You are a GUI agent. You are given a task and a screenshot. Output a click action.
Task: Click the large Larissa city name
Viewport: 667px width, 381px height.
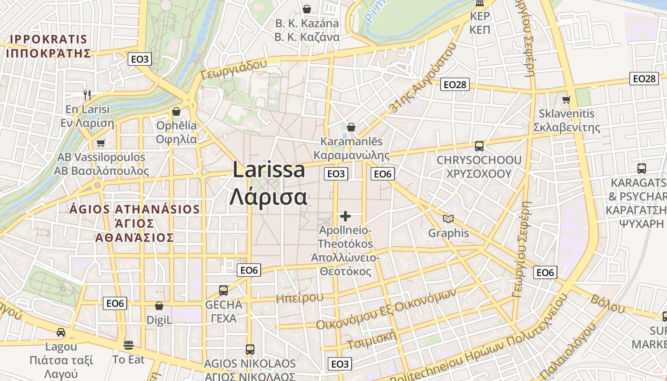click(269, 170)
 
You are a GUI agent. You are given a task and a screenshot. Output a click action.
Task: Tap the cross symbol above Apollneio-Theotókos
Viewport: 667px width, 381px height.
click(345, 217)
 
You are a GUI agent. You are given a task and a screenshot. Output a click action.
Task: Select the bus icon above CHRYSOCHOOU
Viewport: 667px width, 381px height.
click(479, 146)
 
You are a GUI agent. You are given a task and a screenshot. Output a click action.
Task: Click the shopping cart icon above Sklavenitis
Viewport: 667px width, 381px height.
click(566, 100)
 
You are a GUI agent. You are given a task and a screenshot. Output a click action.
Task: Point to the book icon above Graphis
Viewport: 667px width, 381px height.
click(448, 219)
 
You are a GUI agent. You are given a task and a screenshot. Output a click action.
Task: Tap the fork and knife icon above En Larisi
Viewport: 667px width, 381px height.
click(87, 95)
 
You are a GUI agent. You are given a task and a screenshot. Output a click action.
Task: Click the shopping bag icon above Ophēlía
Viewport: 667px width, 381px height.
click(176, 111)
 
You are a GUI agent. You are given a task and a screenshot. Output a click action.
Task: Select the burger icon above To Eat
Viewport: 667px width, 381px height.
click(128, 344)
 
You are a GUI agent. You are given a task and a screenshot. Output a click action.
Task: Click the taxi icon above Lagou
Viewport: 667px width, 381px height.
click(61, 332)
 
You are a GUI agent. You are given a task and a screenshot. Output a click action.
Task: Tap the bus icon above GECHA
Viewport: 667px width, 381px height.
click(223, 290)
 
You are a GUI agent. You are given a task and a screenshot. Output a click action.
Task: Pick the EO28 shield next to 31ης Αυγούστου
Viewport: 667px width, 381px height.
click(455, 84)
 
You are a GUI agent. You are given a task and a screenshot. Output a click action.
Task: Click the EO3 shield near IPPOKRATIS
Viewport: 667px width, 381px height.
click(140, 59)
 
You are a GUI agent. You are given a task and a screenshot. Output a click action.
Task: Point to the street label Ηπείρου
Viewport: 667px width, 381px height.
click(300, 298)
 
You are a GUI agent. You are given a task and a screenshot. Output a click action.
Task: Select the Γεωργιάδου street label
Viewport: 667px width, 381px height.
click(233, 70)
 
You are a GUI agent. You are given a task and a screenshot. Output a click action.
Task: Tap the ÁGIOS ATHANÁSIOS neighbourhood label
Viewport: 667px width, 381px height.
click(135, 209)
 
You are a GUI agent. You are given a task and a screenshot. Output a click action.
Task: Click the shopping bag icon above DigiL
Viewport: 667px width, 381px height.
click(159, 306)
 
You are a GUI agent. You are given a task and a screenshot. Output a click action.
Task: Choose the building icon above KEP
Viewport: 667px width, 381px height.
click(480, 4)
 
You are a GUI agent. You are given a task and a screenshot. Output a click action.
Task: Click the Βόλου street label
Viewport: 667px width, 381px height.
click(607, 303)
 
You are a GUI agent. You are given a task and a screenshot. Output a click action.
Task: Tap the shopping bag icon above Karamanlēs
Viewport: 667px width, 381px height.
click(351, 127)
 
